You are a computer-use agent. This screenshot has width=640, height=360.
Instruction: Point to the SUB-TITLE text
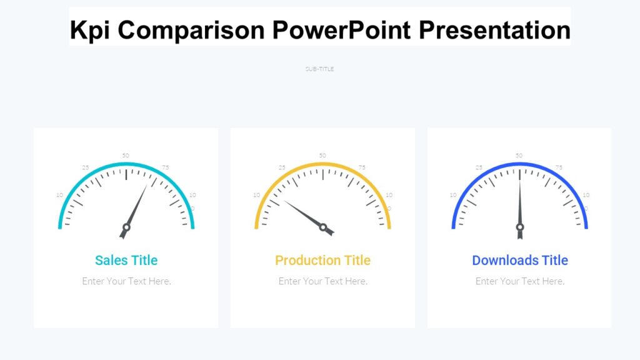pos(319,69)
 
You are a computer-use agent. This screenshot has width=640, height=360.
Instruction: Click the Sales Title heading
pos(126,260)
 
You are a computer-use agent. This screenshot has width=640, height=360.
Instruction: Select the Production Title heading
pos(322,260)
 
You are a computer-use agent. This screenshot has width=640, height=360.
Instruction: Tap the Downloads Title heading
pos(519,260)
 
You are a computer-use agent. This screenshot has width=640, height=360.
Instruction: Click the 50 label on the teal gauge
pos(126,156)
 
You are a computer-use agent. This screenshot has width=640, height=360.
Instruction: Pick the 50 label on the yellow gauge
pos(322,156)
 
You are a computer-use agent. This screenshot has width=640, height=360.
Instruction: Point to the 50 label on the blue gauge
pos(519,156)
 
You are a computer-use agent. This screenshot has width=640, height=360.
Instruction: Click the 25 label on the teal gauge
pos(86,167)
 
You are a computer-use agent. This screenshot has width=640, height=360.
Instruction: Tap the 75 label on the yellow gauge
pos(362,167)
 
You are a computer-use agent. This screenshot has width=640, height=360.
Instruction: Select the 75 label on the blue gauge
pos(559,167)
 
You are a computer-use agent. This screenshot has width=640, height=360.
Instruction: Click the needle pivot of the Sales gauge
pos(126,227)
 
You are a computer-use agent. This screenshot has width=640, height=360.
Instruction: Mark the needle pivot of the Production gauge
pos(323,227)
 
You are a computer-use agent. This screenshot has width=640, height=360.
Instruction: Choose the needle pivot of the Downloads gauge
pos(519,227)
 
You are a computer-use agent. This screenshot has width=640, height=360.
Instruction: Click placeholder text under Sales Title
pos(126,281)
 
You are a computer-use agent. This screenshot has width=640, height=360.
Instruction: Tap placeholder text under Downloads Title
pos(519,281)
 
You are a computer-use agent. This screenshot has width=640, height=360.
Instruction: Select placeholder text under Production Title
pos(322,281)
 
